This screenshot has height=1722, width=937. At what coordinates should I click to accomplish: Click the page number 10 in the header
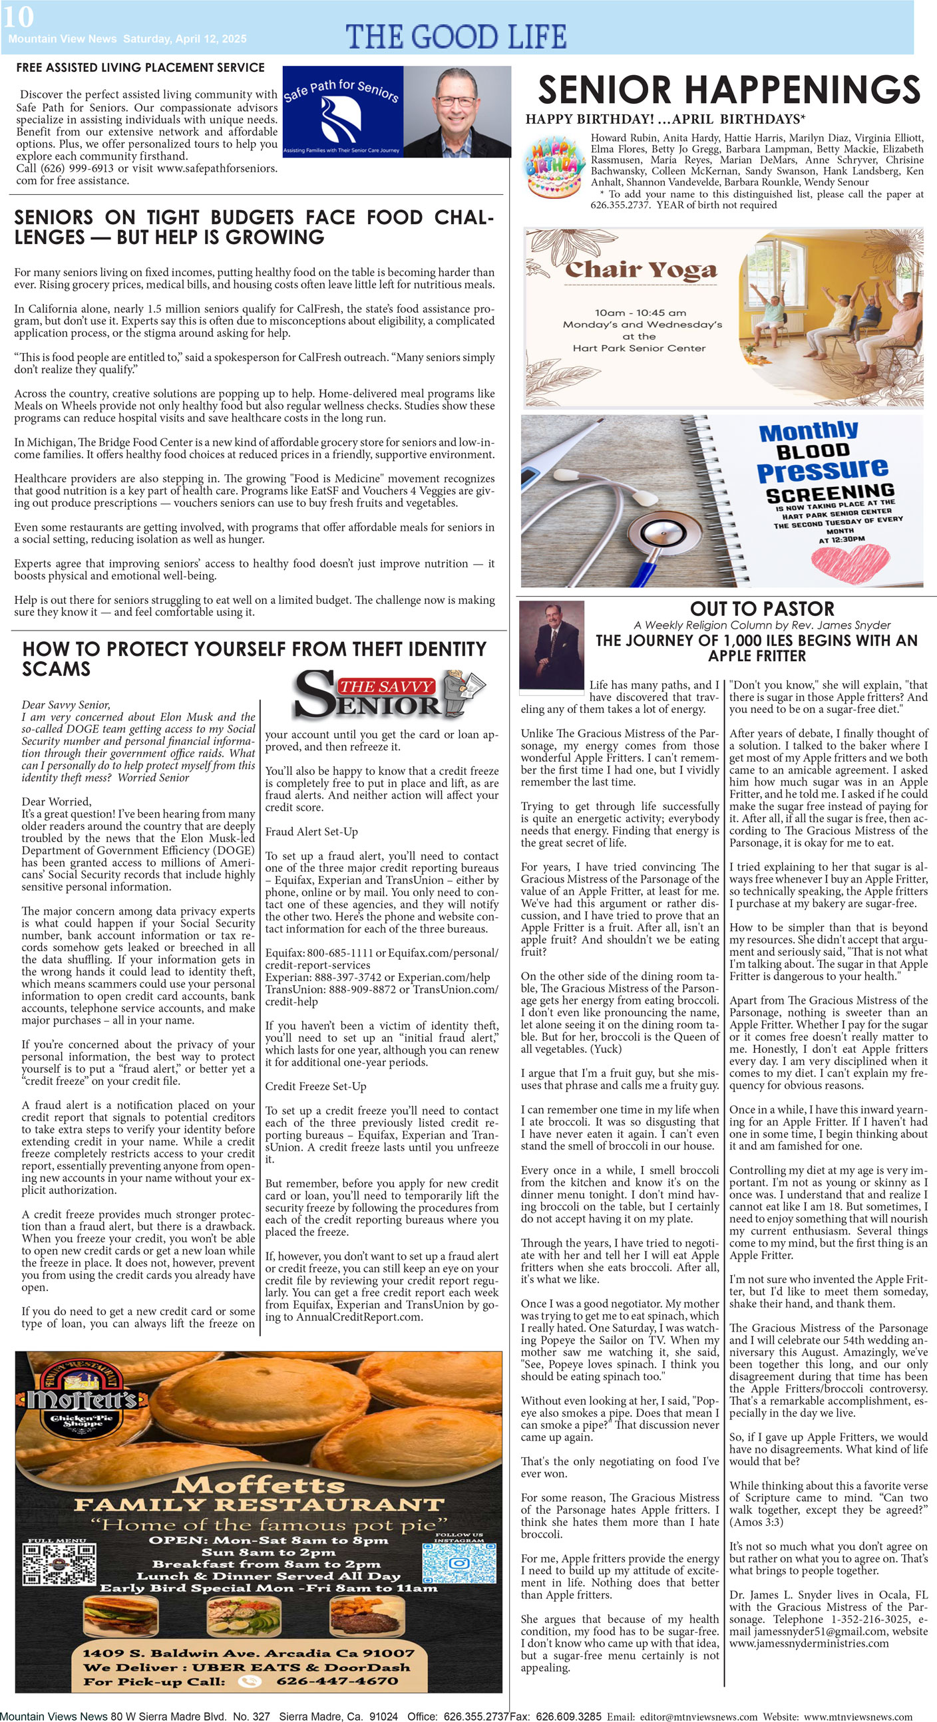pos(17,17)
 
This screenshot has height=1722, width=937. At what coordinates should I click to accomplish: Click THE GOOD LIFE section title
pos(456,37)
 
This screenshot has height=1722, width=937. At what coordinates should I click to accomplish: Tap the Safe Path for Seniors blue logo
pos(343,112)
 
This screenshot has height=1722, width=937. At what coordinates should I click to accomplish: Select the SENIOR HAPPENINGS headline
pos(728,90)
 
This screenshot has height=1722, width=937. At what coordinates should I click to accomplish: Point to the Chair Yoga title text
pos(640,269)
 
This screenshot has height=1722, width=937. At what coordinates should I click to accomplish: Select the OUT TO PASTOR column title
pos(762,609)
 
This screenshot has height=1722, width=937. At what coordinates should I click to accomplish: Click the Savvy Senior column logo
pos(390,693)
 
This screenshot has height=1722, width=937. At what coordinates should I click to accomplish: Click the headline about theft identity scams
pos(254,658)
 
